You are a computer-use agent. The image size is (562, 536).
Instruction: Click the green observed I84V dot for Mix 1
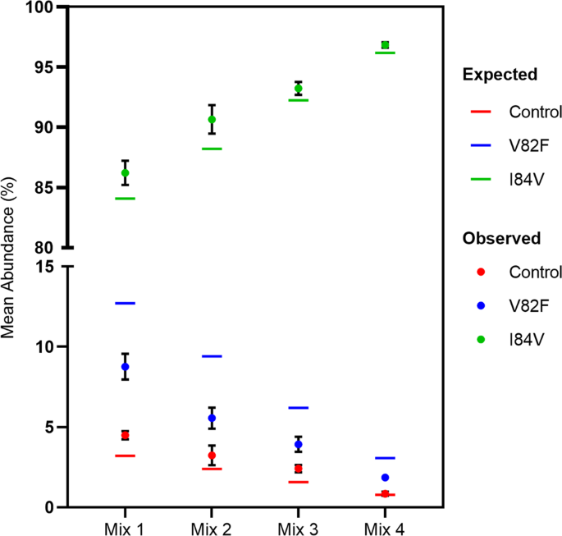pyautogui.click(x=125, y=173)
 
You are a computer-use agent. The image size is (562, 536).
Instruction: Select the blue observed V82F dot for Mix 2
pyautogui.click(x=212, y=418)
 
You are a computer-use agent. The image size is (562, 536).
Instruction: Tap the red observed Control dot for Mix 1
pyautogui.click(x=125, y=435)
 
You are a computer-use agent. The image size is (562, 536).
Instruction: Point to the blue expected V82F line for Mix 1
pyautogui.click(x=125, y=304)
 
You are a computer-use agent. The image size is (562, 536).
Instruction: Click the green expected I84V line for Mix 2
pyautogui.click(x=212, y=149)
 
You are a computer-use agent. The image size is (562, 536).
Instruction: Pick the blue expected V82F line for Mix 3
pyautogui.click(x=298, y=408)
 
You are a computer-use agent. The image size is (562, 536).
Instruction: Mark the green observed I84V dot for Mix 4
pyautogui.click(x=385, y=45)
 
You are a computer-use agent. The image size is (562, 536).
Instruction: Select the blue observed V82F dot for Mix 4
pyautogui.click(x=385, y=478)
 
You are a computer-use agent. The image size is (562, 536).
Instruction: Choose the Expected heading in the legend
pyautogui.click(x=500, y=76)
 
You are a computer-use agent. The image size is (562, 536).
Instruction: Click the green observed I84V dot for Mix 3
pyautogui.click(x=298, y=89)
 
